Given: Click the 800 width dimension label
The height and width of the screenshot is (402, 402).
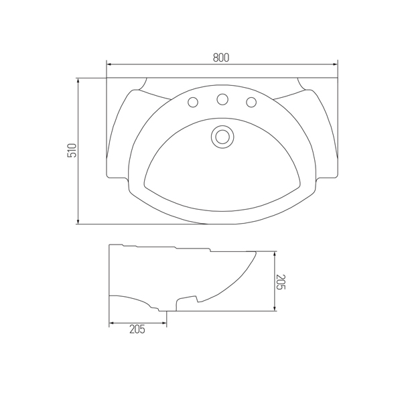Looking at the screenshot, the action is [220, 58].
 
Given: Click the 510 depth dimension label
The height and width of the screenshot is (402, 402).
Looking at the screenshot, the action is [72, 151].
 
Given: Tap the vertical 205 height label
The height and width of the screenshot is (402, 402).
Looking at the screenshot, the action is [281, 282].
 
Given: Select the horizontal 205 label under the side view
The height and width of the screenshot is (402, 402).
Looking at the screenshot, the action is [137, 329].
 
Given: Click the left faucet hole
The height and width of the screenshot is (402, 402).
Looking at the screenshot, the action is [193, 103].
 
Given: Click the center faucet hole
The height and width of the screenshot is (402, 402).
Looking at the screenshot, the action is [222, 99].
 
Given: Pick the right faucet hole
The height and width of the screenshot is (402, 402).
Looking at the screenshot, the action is [251, 103].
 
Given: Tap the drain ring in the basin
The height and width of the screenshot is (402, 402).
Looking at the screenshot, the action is [222, 137].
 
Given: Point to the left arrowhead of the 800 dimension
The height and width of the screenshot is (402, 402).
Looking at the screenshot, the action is [109, 64].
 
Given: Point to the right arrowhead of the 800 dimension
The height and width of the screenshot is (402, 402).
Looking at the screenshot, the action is [335, 64].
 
